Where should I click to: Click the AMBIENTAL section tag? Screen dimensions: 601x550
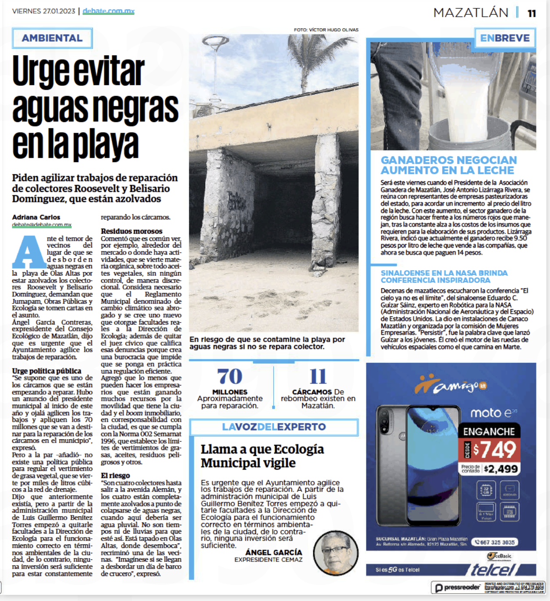click(52, 38)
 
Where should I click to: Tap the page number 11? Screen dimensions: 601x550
click(532, 13)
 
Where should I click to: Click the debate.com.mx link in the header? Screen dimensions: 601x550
click(108, 11)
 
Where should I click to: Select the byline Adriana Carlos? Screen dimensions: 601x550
click(36, 217)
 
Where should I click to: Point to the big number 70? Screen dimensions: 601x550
click(230, 377)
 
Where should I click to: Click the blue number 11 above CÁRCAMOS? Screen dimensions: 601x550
click(318, 377)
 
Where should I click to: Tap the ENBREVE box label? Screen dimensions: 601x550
click(505, 38)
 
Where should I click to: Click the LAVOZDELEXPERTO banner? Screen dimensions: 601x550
click(274, 427)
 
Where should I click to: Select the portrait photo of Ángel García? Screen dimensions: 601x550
click(336, 553)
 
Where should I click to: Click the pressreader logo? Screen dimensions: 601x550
click(457, 587)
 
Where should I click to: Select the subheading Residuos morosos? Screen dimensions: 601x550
click(131, 231)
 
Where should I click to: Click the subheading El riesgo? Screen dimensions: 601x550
click(115, 476)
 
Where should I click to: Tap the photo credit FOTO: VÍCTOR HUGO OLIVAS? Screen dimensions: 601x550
click(326, 30)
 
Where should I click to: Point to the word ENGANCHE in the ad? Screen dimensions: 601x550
click(489, 431)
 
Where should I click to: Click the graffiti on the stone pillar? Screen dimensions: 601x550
click(237, 202)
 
